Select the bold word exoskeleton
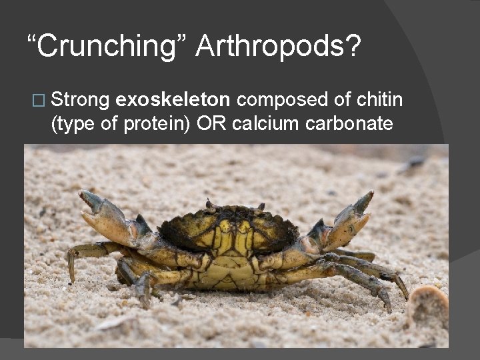173,100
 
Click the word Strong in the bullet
80,100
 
